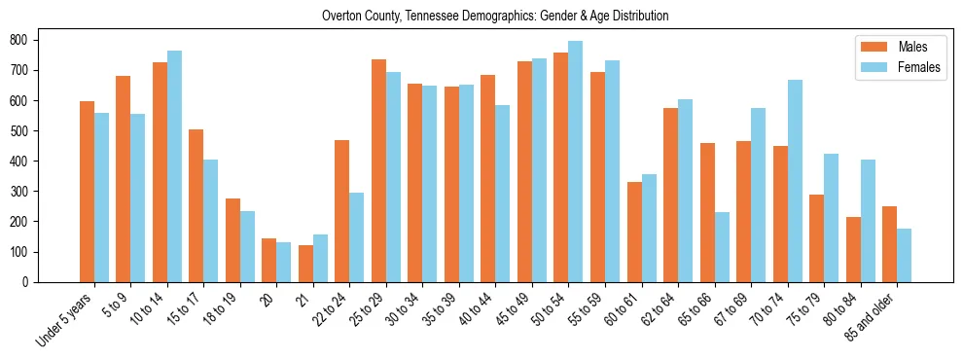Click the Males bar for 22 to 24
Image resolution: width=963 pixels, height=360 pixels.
tap(342, 211)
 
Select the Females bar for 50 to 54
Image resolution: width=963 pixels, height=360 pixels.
tap(576, 162)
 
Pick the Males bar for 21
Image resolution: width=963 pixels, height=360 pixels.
tap(305, 264)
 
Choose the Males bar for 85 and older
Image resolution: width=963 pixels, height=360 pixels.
tap(889, 244)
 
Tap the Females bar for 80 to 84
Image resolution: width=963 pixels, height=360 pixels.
tap(868, 221)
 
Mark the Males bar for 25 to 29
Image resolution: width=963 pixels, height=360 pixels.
tap(378, 170)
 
